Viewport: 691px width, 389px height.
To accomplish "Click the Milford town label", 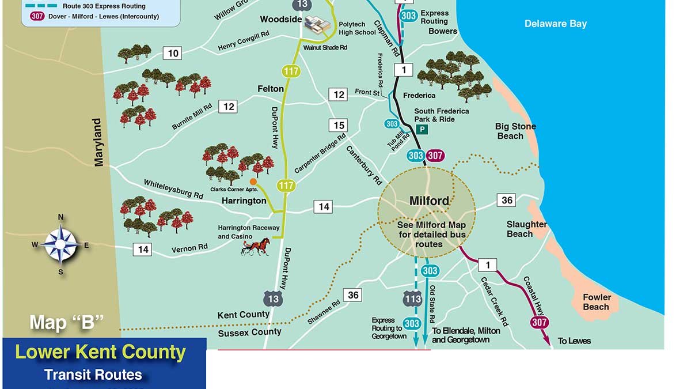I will click(x=428, y=201).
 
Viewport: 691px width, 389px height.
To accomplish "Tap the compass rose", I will click(x=61, y=244).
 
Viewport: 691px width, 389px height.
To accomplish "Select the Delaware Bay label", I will click(x=555, y=24).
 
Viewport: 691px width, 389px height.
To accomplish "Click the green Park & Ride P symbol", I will click(x=422, y=130).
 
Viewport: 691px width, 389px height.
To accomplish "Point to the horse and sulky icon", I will click(x=256, y=247).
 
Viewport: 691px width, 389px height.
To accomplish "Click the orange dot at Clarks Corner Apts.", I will click(x=253, y=182).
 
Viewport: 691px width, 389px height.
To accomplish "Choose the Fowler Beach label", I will click(x=597, y=302).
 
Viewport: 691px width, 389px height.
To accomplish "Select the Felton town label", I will click(x=271, y=89).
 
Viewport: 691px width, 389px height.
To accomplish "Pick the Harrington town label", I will click(x=244, y=201).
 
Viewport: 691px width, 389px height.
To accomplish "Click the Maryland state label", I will click(x=98, y=142).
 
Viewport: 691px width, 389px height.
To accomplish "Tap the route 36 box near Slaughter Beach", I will click(x=507, y=200).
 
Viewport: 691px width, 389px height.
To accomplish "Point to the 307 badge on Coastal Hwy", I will click(x=539, y=322).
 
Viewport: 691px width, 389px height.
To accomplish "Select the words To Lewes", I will click(x=575, y=341).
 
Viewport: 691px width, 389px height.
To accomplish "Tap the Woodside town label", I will click(x=280, y=19).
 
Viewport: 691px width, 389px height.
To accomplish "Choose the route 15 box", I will click(x=339, y=125).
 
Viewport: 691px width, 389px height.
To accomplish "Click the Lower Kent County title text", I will click(x=100, y=352).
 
